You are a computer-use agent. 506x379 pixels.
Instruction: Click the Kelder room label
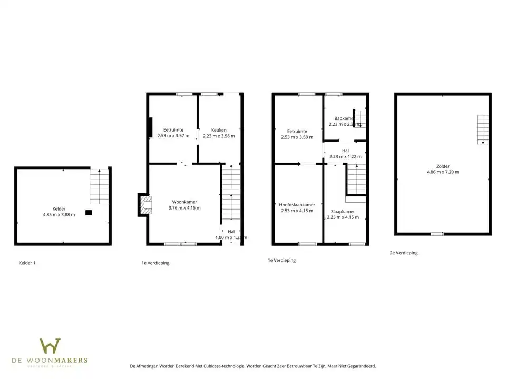pos(59,212)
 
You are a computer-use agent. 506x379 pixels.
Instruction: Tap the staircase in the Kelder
pos(99,186)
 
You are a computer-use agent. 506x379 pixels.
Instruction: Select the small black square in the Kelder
pos(89,213)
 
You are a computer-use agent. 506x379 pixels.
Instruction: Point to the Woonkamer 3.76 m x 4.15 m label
pos(184,205)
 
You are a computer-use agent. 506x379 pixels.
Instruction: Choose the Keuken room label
pos(218,133)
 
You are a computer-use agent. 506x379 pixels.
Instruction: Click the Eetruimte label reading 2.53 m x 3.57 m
pos(173,133)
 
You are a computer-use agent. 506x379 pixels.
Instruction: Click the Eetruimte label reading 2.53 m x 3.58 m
pos(297,134)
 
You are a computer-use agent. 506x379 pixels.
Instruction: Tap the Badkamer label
pos(344,122)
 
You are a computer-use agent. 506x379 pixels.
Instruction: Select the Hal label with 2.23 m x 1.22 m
pos(345,153)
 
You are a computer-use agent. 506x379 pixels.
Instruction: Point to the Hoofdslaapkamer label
pos(297,207)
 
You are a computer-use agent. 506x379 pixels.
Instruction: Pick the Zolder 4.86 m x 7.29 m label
pos(443,169)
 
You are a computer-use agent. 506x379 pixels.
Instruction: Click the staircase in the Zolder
pos(483,129)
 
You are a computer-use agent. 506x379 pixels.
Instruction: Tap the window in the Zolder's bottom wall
pos(437,234)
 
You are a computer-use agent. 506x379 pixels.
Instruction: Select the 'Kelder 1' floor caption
pos(27,263)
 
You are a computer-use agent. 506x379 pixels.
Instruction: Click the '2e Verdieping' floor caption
pos(403,253)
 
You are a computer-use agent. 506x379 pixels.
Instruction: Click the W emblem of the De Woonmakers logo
pos(50,346)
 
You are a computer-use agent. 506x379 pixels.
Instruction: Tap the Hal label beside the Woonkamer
pos(231,234)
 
